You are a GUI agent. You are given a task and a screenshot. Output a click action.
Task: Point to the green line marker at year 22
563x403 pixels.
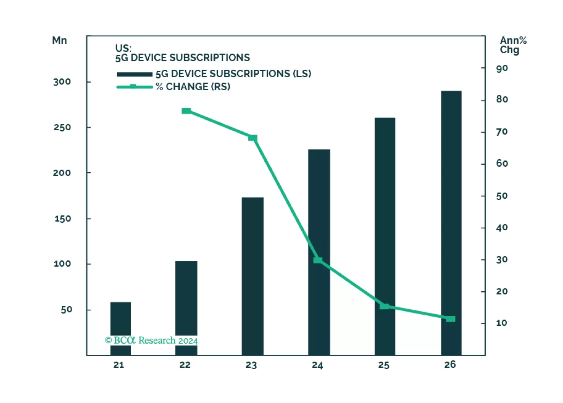click(186, 111)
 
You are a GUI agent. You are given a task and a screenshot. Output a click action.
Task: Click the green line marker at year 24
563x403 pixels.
click(318, 260)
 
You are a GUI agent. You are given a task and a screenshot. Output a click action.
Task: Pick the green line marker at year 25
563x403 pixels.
click(384, 306)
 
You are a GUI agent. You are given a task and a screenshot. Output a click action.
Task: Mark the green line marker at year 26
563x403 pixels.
click(451, 319)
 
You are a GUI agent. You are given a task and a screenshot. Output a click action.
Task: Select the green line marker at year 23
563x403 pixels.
click(253, 138)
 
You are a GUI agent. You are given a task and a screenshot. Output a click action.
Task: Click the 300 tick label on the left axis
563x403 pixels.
click(62, 82)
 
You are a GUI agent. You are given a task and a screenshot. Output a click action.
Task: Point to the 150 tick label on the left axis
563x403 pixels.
click(63, 219)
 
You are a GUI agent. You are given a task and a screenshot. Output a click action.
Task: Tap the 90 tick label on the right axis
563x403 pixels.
click(502, 68)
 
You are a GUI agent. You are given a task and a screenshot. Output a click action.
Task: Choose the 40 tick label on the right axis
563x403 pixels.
click(502, 228)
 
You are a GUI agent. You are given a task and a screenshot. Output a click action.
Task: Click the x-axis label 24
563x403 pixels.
click(317, 365)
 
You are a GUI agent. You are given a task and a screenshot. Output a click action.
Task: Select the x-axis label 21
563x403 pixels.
click(119, 365)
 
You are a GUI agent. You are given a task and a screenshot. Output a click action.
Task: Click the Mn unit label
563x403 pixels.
click(60, 41)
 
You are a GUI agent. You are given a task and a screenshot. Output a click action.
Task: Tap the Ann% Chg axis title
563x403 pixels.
click(513, 45)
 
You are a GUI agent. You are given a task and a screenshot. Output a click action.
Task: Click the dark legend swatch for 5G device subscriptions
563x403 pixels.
click(135, 74)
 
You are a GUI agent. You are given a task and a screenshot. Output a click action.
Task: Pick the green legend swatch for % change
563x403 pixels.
click(135, 87)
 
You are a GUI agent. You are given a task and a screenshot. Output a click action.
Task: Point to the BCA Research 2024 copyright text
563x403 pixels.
click(151, 340)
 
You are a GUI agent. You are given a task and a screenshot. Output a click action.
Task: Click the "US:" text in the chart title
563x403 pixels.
click(123, 48)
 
